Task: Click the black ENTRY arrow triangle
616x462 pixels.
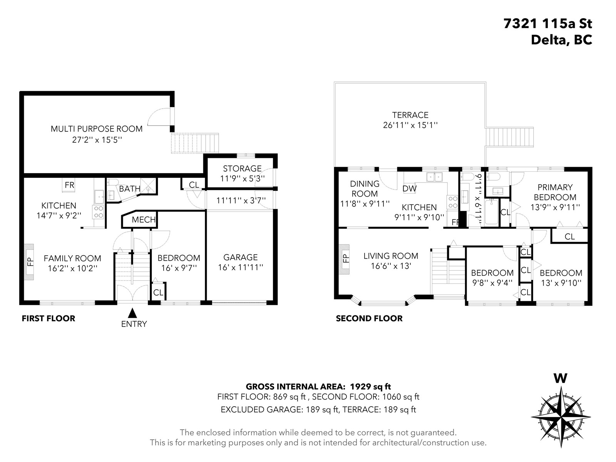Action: [x=132, y=313]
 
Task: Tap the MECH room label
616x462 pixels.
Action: [x=143, y=219]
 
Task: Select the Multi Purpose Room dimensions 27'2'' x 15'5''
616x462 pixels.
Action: [x=97, y=140]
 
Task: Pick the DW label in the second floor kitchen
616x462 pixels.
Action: [x=410, y=189]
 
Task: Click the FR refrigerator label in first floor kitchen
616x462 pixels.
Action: [x=69, y=185]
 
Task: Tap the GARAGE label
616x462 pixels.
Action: [x=241, y=257]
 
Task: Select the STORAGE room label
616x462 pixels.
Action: [x=242, y=169]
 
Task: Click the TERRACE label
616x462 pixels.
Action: [x=410, y=115]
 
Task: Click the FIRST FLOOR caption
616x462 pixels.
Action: [x=49, y=318]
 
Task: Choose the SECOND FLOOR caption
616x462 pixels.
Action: [x=369, y=318]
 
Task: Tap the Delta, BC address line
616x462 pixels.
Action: [x=561, y=40]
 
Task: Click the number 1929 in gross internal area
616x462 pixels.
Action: [x=361, y=387]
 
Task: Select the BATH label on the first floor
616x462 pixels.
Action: [x=129, y=189]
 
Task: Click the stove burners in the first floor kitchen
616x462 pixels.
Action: [x=98, y=212]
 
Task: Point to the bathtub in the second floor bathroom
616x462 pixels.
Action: [x=491, y=212]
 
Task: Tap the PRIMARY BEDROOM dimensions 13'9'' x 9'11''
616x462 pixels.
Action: [x=555, y=207]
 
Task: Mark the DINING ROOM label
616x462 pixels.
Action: [x=365, y=189]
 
